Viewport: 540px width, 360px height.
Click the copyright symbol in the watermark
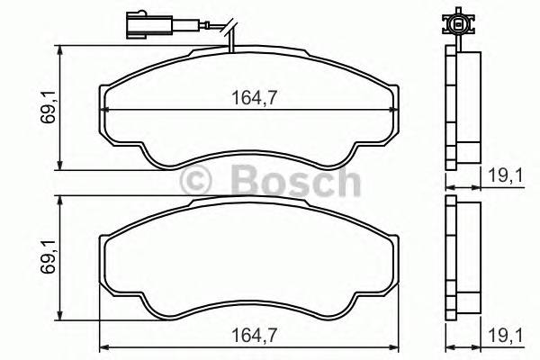point(196,183)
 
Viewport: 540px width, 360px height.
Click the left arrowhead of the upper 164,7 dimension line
point(102,109)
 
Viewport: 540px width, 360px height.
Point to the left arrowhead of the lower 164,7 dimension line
point(102,348)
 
